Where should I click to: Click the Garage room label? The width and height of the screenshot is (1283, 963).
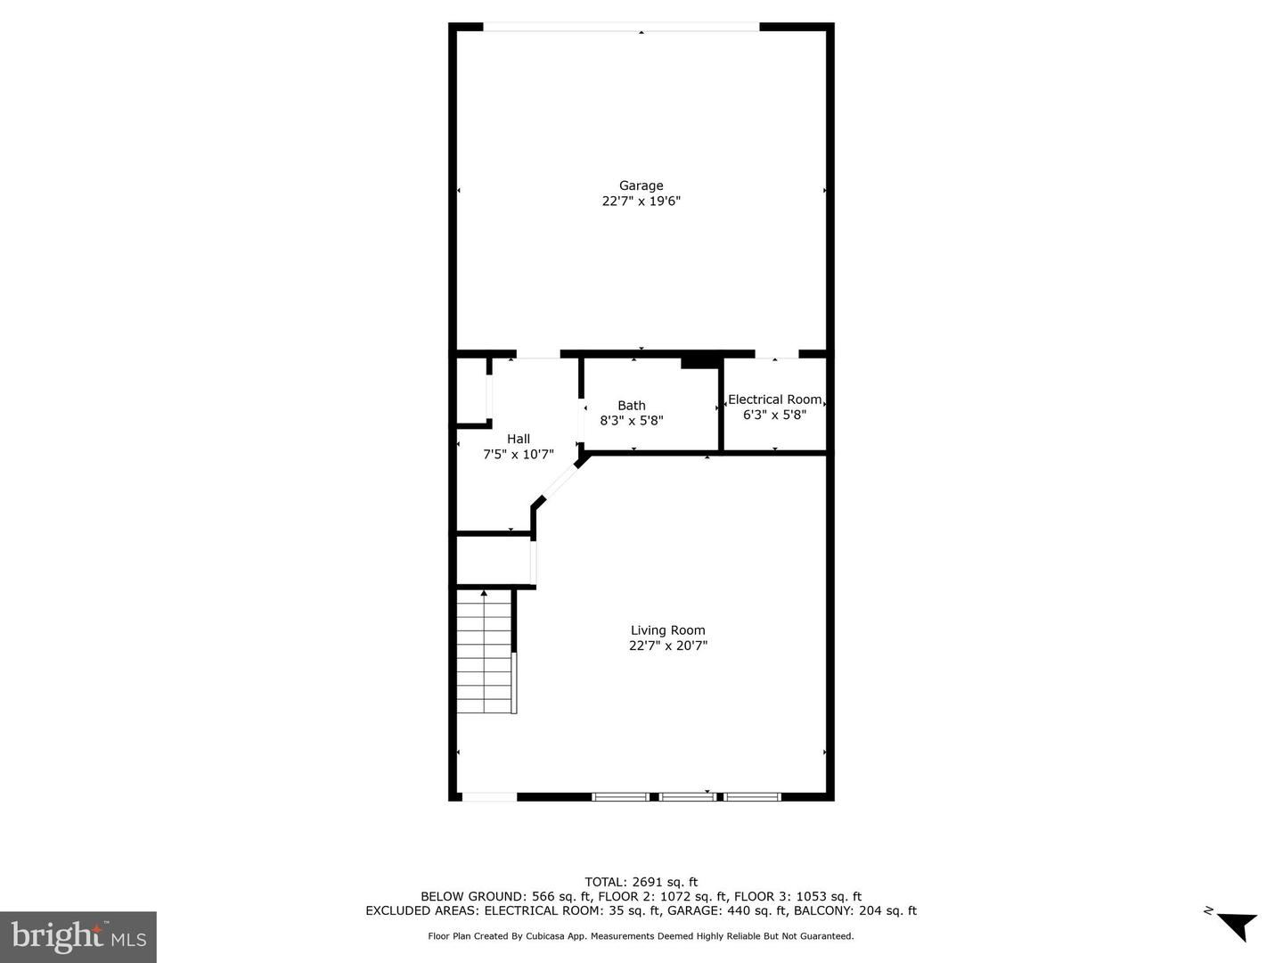(x=641, y=185)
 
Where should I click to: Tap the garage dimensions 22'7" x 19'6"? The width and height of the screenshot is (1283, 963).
(x=641, y=202)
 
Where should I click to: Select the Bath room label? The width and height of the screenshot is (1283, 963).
(x=631, y=406)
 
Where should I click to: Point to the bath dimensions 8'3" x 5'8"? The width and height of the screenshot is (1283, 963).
(x=631, y=421)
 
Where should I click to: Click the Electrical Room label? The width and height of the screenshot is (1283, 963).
(x=774, y=399)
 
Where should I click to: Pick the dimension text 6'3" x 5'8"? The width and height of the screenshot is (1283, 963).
(x=774, y=415)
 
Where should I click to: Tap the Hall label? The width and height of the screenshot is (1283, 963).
(x=518, y=439)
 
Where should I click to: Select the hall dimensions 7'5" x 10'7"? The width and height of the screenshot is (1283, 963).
(x=518, y=454)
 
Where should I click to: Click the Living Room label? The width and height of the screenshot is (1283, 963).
(x=667, y=630)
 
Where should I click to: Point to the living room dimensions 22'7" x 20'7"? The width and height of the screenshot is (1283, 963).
(x=667, y=646)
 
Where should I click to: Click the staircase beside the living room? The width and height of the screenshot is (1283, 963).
(x=486, y=655)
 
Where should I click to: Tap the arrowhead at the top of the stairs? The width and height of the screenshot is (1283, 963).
(x=484, y=592)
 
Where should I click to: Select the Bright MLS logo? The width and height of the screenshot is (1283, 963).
(x=78, y=936)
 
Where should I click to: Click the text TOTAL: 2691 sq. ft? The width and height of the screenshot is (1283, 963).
(x=641, y=882)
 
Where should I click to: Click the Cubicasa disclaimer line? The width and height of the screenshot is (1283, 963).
(x=641, y=936)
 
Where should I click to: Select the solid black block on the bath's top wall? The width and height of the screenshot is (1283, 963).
(x=700, y=361)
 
